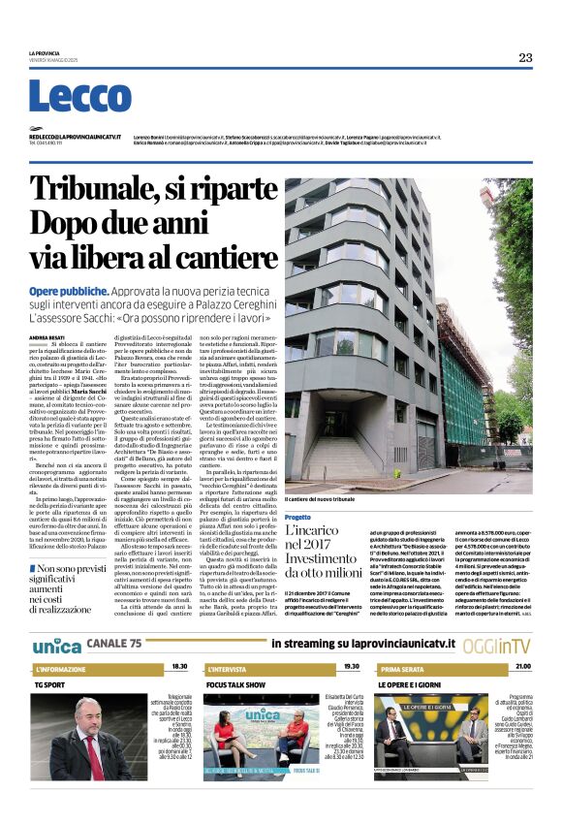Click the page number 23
525,57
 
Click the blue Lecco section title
67,97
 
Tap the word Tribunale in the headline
108,189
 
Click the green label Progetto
297,518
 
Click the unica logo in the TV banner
56,645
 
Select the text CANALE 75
115,645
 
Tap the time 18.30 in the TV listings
179,668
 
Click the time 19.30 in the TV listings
351,668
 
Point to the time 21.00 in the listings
522,668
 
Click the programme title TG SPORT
50,684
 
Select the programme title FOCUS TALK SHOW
235,684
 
